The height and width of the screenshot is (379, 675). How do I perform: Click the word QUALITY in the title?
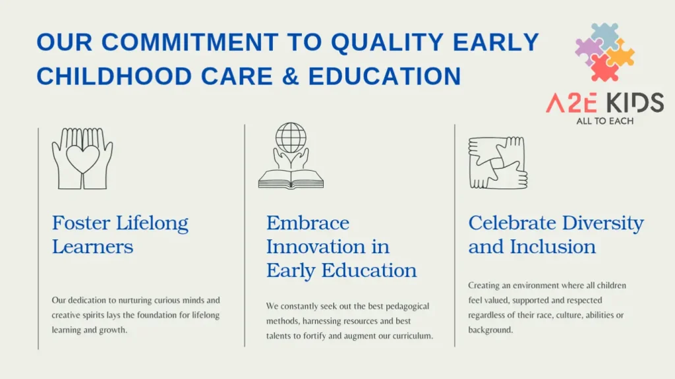386,42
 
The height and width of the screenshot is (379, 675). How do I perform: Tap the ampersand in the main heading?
291,76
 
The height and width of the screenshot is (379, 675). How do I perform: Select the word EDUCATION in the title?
384,76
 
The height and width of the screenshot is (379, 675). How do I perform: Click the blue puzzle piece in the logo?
604,36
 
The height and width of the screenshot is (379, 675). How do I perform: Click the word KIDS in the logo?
635,103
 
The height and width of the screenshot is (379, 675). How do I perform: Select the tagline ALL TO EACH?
605,121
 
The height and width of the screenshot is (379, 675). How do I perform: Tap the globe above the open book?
291,138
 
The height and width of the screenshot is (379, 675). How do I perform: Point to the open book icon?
291,179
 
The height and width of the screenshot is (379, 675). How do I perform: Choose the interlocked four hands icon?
498,163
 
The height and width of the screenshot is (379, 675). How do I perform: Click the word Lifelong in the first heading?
152,223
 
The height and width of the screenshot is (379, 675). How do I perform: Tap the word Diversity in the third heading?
602,223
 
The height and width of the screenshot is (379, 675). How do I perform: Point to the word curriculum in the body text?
412,336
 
